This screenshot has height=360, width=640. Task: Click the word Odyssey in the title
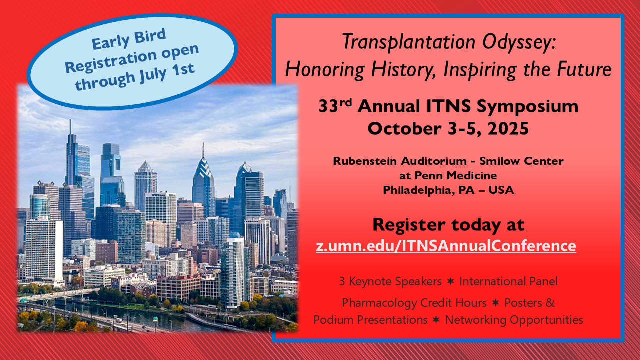tap(519, 42)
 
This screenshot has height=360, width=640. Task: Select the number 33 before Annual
tap(328, 106)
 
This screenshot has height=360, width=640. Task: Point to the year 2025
tap(508, 129)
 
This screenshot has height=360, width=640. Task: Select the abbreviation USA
tap(501, 190)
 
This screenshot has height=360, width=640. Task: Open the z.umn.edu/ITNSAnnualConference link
tap(446, 246)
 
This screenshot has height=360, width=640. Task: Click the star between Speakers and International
tap(450, 281)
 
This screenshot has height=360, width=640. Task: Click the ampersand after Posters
tap(550, 303)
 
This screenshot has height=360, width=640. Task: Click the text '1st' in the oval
tap(183, 70)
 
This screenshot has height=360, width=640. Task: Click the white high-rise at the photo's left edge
tap(44, 249)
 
